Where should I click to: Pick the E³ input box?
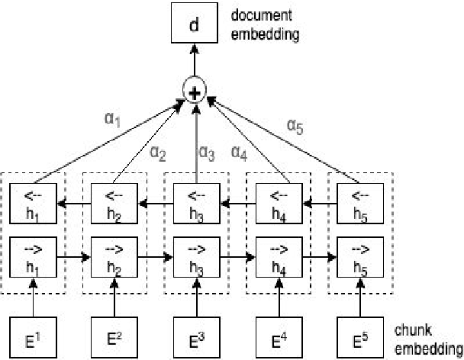click(x=195, y=336)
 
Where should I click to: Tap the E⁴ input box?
click(x=277, y=336)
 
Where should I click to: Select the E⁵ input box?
click(x=359, y=336)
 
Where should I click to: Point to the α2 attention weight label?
click(x=156, y=153)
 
